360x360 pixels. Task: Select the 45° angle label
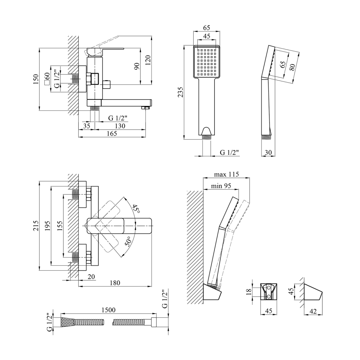(136, 209)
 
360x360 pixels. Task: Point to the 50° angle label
(128, 242)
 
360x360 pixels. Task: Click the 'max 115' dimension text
(226, 174)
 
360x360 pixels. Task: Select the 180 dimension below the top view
(115, 283)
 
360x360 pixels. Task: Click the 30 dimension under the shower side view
(268, 152)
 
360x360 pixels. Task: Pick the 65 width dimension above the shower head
(207, 28)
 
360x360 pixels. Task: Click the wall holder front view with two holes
(269, 291)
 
